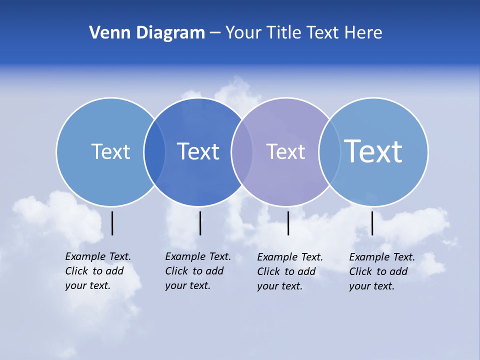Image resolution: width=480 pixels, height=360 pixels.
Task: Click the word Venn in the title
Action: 104,33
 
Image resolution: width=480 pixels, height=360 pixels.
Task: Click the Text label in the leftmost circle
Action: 110,151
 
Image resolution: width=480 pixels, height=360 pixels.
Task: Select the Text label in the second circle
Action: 198,151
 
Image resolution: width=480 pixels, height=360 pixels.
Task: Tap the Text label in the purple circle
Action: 285,151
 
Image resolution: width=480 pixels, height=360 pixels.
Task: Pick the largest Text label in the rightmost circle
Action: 373,151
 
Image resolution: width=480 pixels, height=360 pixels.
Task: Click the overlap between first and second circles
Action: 154,152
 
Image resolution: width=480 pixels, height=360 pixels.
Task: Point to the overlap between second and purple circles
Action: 242,152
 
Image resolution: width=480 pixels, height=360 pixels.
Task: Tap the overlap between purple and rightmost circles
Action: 329,152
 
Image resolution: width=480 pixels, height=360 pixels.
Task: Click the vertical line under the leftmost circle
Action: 112,223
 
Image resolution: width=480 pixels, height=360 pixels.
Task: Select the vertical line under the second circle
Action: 200,223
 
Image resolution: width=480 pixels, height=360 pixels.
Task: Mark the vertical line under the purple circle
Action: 288,223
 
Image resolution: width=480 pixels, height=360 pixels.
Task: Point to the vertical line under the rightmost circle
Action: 372,223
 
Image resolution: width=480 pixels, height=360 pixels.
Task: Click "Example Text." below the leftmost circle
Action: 98,256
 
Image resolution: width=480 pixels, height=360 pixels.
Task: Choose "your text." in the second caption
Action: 187,285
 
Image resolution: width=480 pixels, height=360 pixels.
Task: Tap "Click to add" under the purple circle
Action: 286,271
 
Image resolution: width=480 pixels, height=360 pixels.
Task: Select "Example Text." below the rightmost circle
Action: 382,257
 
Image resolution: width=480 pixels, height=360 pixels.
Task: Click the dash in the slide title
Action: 215,33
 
